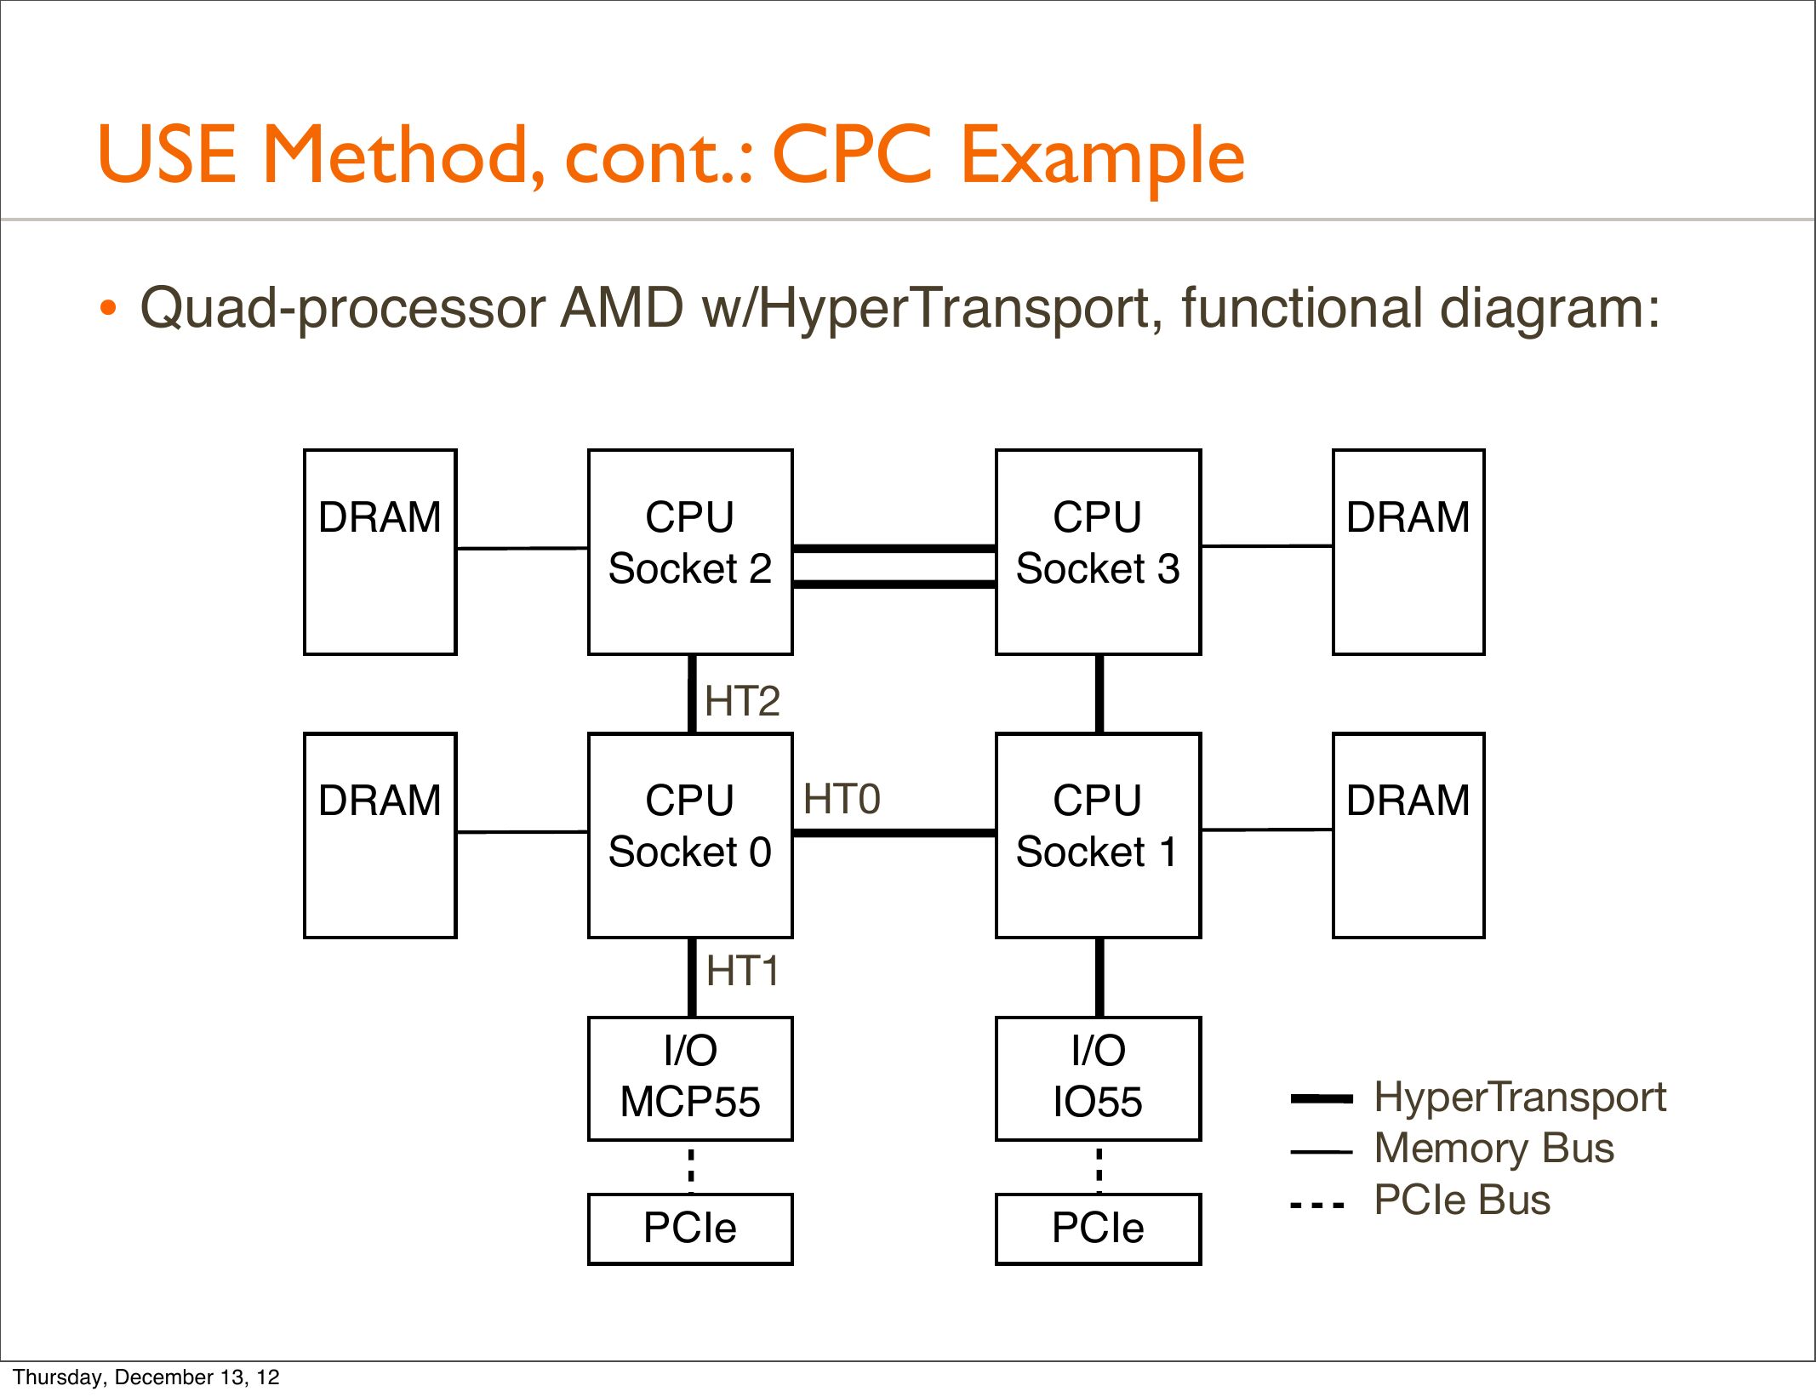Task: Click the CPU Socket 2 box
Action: click(x=690, y=552)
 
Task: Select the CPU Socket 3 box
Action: click(x=1098, y=552)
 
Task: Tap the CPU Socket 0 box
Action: click(x=690, y=835)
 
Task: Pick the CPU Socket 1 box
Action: click(x=1098, y=835)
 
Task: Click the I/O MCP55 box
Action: click(x=690, y=1078)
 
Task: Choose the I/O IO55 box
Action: click(x=1098, y=1078)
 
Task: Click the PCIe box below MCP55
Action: click(x=690, y=1229)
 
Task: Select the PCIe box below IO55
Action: click(x=1098, y=1229)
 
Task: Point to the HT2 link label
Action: click(x=742, y=701)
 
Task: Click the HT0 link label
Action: click(x=842, y=799)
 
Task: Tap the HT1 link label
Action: click(x=742, y=971)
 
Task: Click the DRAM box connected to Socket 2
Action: click(x=380, y=552)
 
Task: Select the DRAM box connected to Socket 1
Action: click(x=1408, y=835)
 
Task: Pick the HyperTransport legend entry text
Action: click(x=1520, y=1098)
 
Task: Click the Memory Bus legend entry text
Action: click(x=1494, y=1148)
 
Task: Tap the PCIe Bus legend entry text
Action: click(x=1462, y=1200)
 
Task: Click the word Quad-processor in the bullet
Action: click(x=342, y=308)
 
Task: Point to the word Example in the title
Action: click(x=1103, y=158)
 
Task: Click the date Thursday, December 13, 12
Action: click(x=146, y=1377)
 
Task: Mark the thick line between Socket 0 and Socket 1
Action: click(x=894, y=832)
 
